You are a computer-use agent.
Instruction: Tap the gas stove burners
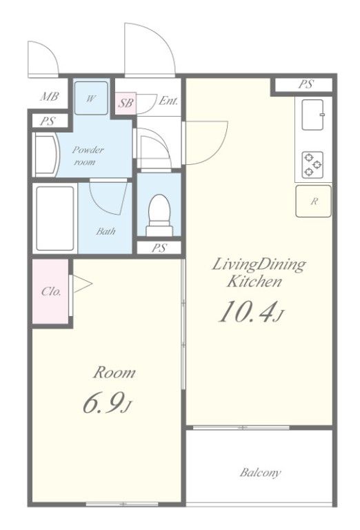pyautogui.click(x=312, y=164)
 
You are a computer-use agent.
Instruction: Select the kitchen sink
pyautogui.click(x=312, y=115)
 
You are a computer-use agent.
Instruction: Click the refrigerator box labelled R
pyautogui.click(x=313, y=201)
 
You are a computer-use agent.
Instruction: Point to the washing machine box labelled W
pyautogui.click(x=91, y=98)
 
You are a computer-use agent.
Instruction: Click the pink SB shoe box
pyautogui.click(x=126, y=103)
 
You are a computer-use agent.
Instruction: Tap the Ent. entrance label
pyautogui.click(x=168, y=101)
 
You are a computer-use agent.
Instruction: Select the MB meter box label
pyautogui.click(x=49, y=97)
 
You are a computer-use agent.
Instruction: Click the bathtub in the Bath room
pyautogui.click(x=54, y=218)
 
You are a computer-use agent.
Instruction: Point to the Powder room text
pyautogui.click(x=88, y=155)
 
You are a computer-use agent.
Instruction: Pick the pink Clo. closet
pyautogui.click(x=50, y=291)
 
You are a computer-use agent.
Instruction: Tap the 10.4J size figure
pyautogui.click(x=250, y=312)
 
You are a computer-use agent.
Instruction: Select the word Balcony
pyautogui.click(x=260, y=473)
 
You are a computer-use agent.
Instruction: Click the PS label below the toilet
pyautogui.click(x=159, y=248)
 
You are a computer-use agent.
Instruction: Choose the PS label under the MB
pyautogui.click(x=48, y=121)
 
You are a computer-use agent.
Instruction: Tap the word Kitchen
pyautogui.click(x=254, y=282)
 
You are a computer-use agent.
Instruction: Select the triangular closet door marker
pyautogui.click(x=82, y=284)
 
